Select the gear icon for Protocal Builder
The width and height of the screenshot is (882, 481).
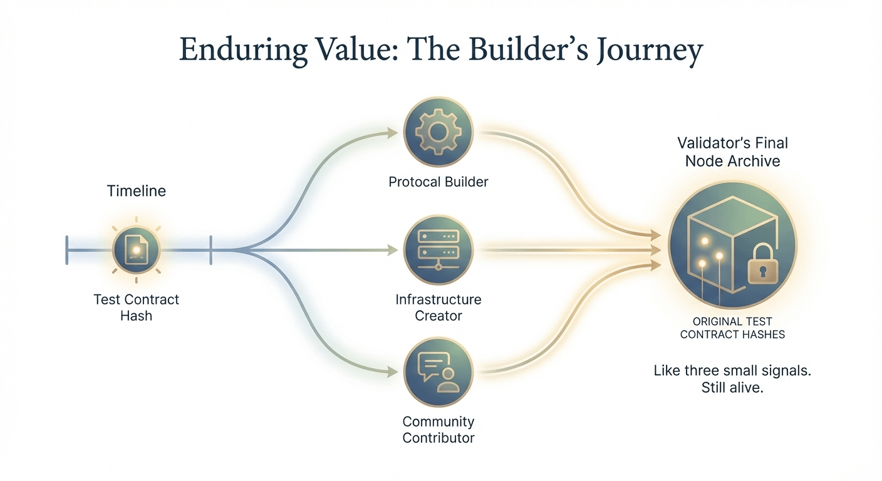[x=438, y=132]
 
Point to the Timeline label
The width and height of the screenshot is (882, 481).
[x=136, y=191]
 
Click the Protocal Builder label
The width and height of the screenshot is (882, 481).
[x=438, y=182]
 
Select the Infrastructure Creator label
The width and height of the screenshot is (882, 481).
[x=438, y=308]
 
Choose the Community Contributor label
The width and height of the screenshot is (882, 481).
[x=438, y=430]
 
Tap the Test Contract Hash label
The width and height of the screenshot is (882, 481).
[x=136, y=308]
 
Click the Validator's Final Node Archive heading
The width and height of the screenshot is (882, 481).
[x=732, y=152]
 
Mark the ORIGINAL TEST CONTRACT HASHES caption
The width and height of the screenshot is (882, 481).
[x=732, y=328]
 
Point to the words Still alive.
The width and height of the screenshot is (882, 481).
[x=732, y=388]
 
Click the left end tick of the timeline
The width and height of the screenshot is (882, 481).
[x=67, y=250]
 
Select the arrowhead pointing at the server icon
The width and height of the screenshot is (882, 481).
[x=393, y=251]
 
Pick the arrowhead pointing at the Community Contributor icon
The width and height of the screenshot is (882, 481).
[x=393, y=371]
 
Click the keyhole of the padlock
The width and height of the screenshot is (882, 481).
[x=762, y=272]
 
